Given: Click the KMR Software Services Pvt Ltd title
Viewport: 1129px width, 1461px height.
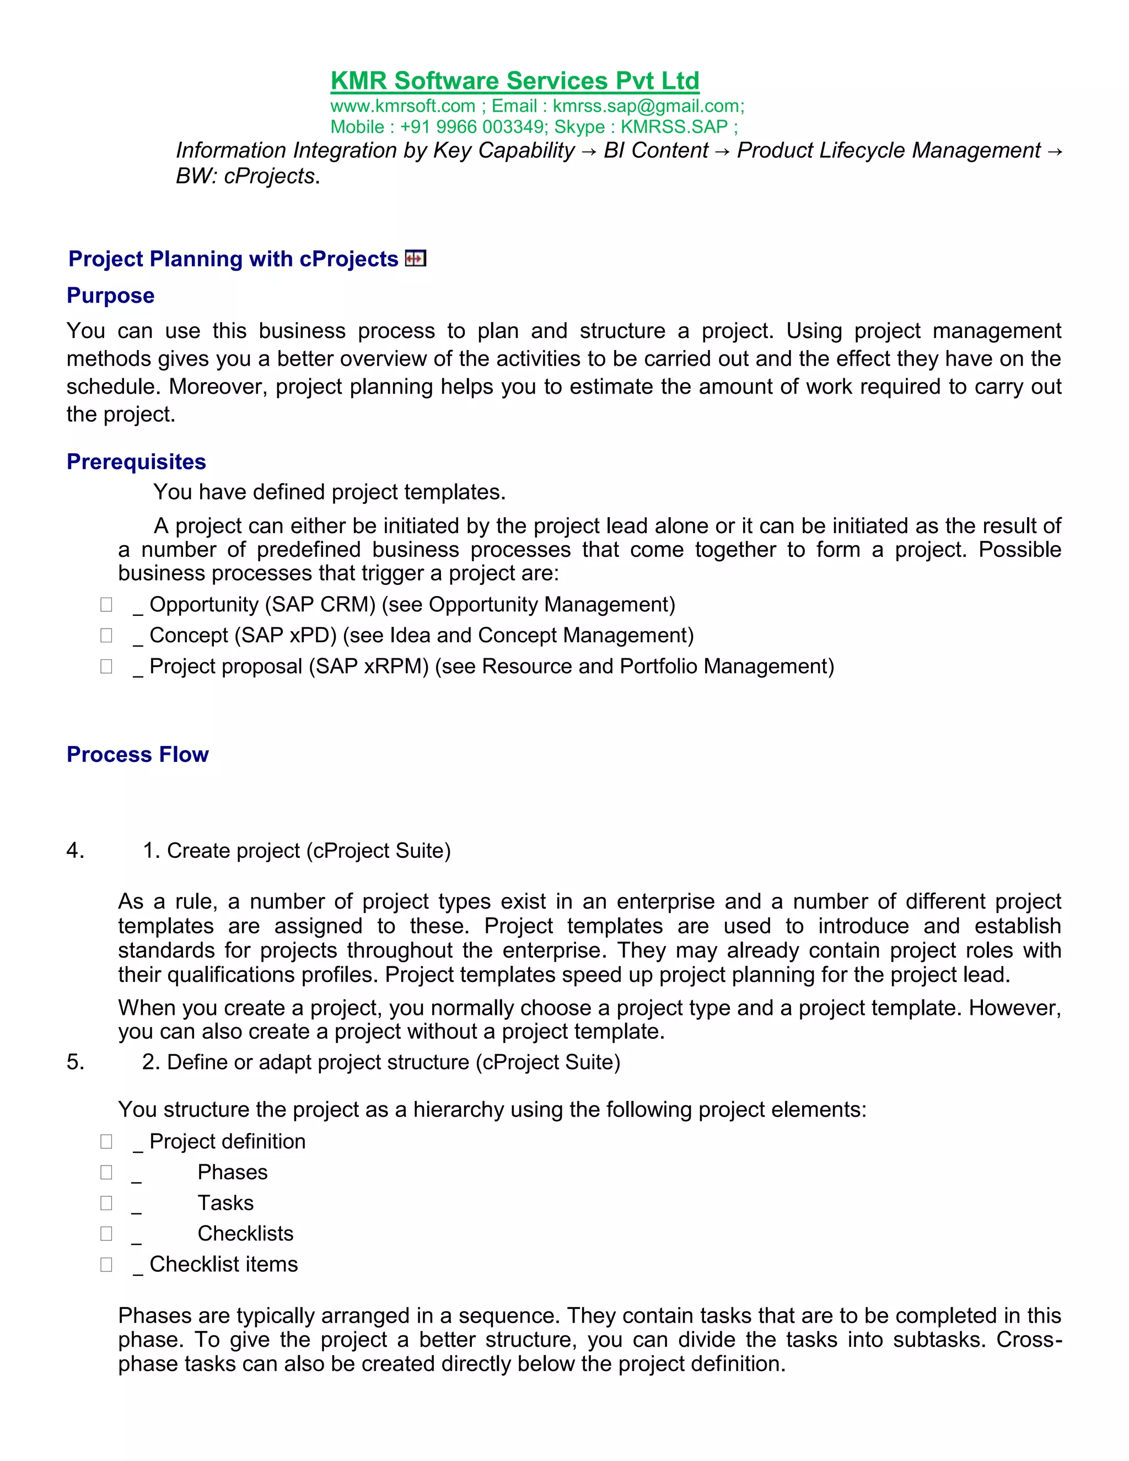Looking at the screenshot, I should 514,81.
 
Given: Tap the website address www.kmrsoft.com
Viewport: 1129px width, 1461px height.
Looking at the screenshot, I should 402,106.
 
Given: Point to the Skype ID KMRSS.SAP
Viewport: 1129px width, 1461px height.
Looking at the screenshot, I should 674,127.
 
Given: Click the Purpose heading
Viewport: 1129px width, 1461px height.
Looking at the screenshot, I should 110,296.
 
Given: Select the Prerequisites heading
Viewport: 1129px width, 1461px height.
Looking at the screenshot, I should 137,461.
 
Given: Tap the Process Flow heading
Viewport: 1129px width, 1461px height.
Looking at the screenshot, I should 137,755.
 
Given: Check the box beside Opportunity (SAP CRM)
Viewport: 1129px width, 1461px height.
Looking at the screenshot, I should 106,605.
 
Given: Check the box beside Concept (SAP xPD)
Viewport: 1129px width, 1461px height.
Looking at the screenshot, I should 106,636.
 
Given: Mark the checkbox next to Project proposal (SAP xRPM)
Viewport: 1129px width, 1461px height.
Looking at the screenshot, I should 106,667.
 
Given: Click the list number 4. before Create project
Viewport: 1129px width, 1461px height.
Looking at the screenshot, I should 75,850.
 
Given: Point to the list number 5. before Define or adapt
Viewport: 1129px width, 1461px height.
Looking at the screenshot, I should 75,1062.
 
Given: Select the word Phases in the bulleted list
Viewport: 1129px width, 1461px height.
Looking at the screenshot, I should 232,1172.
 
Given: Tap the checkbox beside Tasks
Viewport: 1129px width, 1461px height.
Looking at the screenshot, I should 106,1203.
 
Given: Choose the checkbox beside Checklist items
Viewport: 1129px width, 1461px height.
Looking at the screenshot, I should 106,1264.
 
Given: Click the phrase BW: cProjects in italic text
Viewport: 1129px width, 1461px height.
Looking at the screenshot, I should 245,176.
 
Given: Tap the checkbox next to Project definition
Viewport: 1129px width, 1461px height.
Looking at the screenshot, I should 106,1141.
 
